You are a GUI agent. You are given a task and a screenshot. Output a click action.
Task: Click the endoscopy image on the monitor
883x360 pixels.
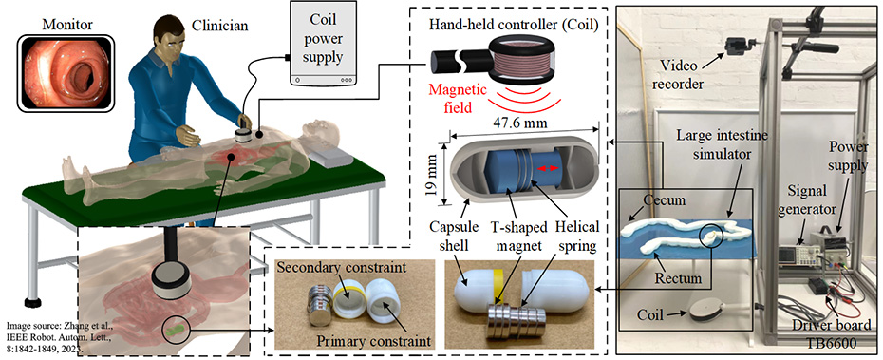tap(66, 72)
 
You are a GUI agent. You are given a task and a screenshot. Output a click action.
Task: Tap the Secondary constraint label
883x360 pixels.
tap(341, 268)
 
